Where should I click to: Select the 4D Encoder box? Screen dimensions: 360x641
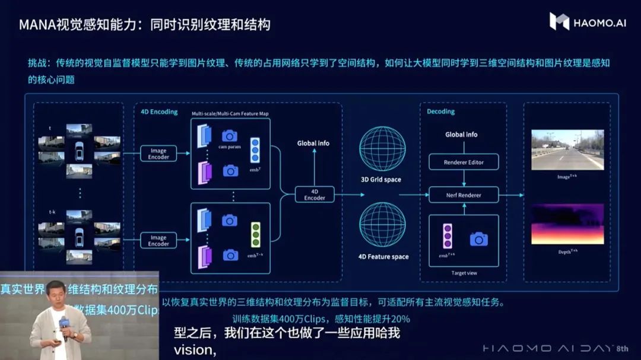pyautogui.click(x=315, y=194)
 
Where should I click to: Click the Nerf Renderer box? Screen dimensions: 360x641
pyautogui.click(x=464, y=195)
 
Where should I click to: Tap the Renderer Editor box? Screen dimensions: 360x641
pyautogui.click(x=464, y=162)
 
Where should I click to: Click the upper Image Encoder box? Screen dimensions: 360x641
pyautogui.click(x=158, y=154)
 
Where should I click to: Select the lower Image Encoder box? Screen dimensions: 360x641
pyautogui.click(x=158, y=240)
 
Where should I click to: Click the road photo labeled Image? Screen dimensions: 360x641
pyautogui.click(x=567, y=150)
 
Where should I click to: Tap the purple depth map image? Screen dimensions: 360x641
pyautogui.click(x=567, y=224)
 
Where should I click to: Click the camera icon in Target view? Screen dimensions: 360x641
pyautogui.click(x=479, y=239)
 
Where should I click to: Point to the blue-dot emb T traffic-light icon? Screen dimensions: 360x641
pyautogui.click(x=255, y=151)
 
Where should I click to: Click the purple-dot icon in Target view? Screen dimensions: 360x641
pyautogui.click(x=447, y=235)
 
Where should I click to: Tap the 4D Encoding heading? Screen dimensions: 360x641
pyautogui.click(x=159, y=111)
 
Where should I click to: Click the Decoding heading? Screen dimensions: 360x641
pyautogui.click(x=440, y=111)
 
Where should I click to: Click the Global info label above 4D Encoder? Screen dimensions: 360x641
pyautogui.click(x=313, y=143)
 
